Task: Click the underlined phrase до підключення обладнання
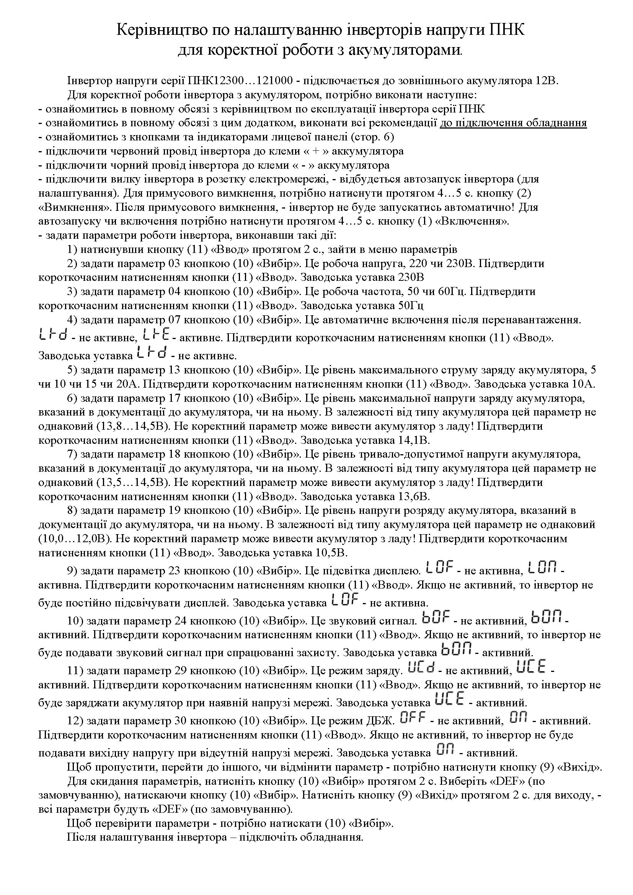click(x=513, y=123)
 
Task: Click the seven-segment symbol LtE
click(x=157, y=335)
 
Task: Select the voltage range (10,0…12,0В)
click(x=75, y=539)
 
